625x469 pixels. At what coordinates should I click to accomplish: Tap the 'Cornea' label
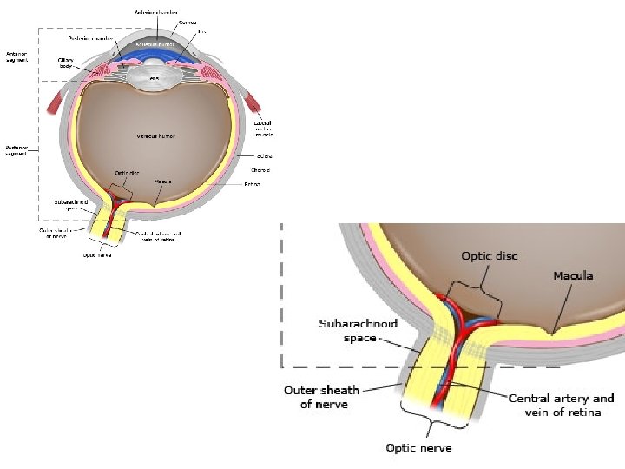point(187,23)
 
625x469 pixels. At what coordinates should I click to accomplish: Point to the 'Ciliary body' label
point(66,62)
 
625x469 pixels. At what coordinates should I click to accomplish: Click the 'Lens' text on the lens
point(152,78)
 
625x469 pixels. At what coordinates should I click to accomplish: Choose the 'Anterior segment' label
point(17,56)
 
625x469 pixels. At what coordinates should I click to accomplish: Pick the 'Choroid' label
point(261,170)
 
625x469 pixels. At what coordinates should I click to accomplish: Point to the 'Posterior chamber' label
point(89,39)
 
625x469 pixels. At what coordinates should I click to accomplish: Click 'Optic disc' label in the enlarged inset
point(490,255)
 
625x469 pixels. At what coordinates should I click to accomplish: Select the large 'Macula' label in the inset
point(573,275)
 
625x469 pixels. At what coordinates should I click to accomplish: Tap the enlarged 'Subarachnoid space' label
point(359,330)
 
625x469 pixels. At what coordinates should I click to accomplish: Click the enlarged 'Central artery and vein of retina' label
point(562,405)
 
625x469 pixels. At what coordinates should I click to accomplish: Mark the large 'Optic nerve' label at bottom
point(418,448)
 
